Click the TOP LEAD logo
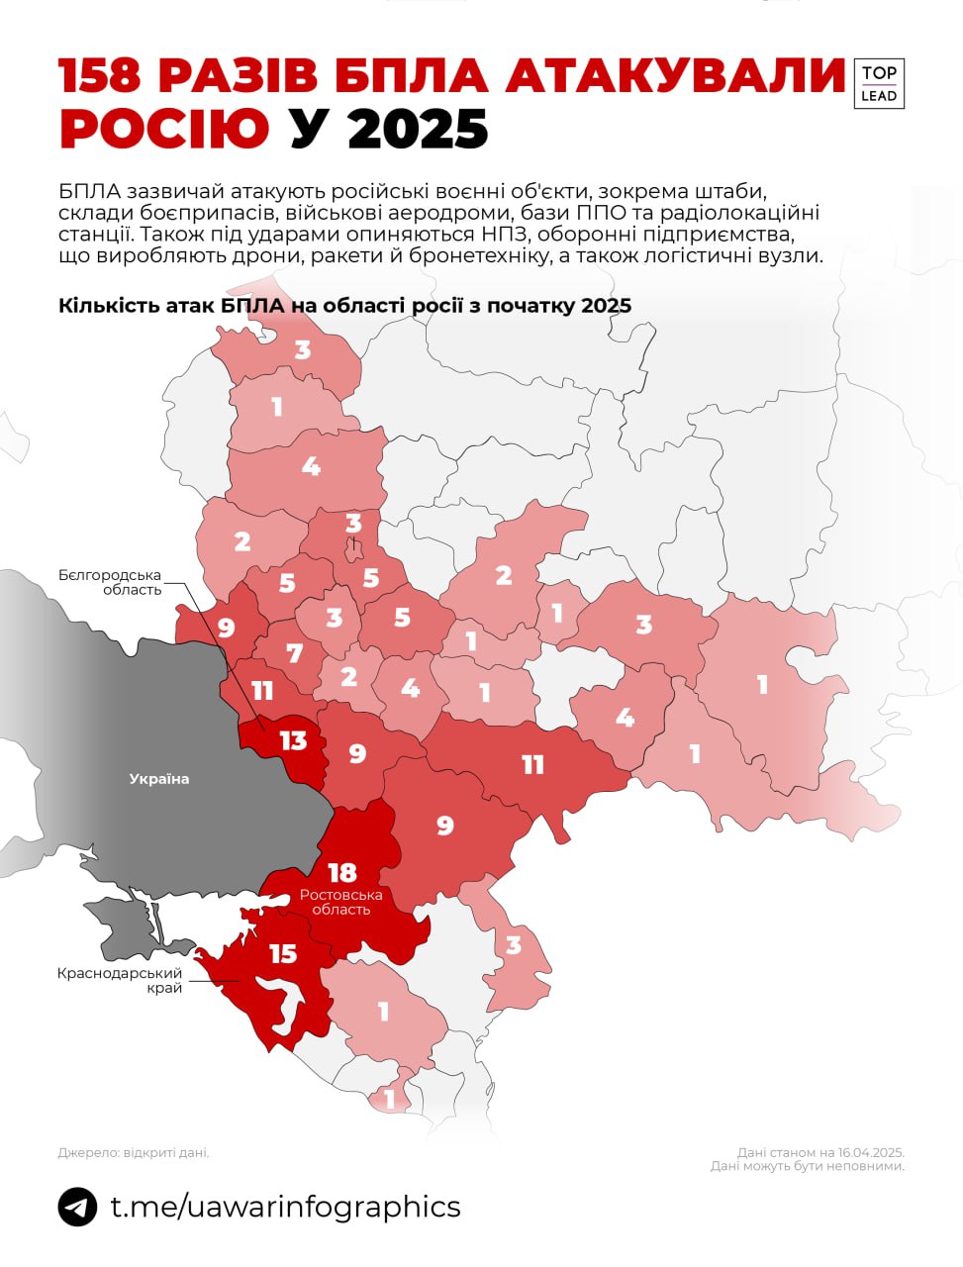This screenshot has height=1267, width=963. (878, 83)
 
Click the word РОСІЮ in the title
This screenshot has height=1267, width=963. (164, 129)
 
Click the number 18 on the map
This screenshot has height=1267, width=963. (342, 872)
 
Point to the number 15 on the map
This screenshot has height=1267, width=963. (283, 953)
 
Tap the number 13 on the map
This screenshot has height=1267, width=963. (293, 740)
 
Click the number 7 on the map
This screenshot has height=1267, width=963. (294, 653)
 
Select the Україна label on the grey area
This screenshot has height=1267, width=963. (158, 779)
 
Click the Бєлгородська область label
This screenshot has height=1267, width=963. (109, 582)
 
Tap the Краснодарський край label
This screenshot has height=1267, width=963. (120, 980)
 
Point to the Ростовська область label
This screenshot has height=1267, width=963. (341, 902)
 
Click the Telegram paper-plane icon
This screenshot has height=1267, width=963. (77, 1207)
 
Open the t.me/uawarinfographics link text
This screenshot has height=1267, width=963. (285, 1207)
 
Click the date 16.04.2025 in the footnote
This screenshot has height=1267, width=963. (870, 1152)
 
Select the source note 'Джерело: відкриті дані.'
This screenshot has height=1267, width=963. (134, 1152)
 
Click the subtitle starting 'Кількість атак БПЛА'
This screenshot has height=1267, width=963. (344, 305)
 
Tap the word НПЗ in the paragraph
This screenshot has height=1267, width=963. (508, 234)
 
